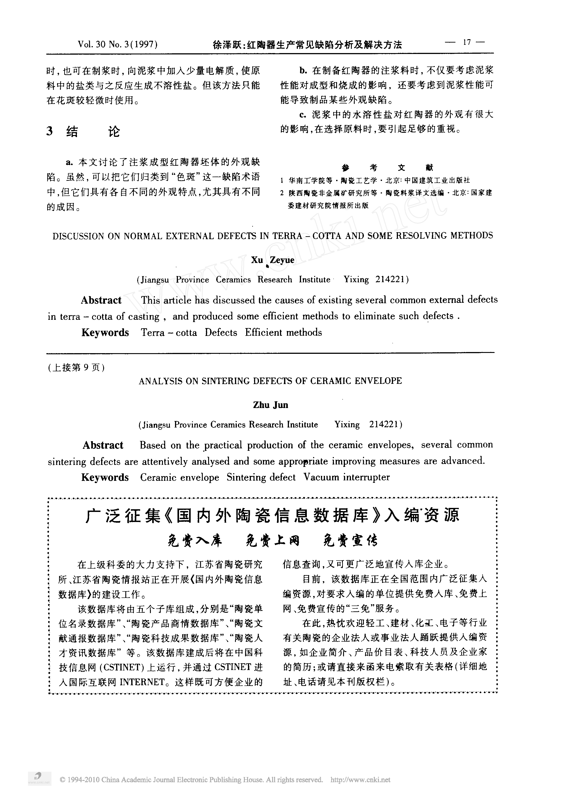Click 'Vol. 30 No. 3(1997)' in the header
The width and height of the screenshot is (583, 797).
click(x=117, y=44)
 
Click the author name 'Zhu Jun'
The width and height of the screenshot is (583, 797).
click(x=270, y=405)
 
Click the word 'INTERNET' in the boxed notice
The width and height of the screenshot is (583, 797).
click(x=142, y=682)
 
